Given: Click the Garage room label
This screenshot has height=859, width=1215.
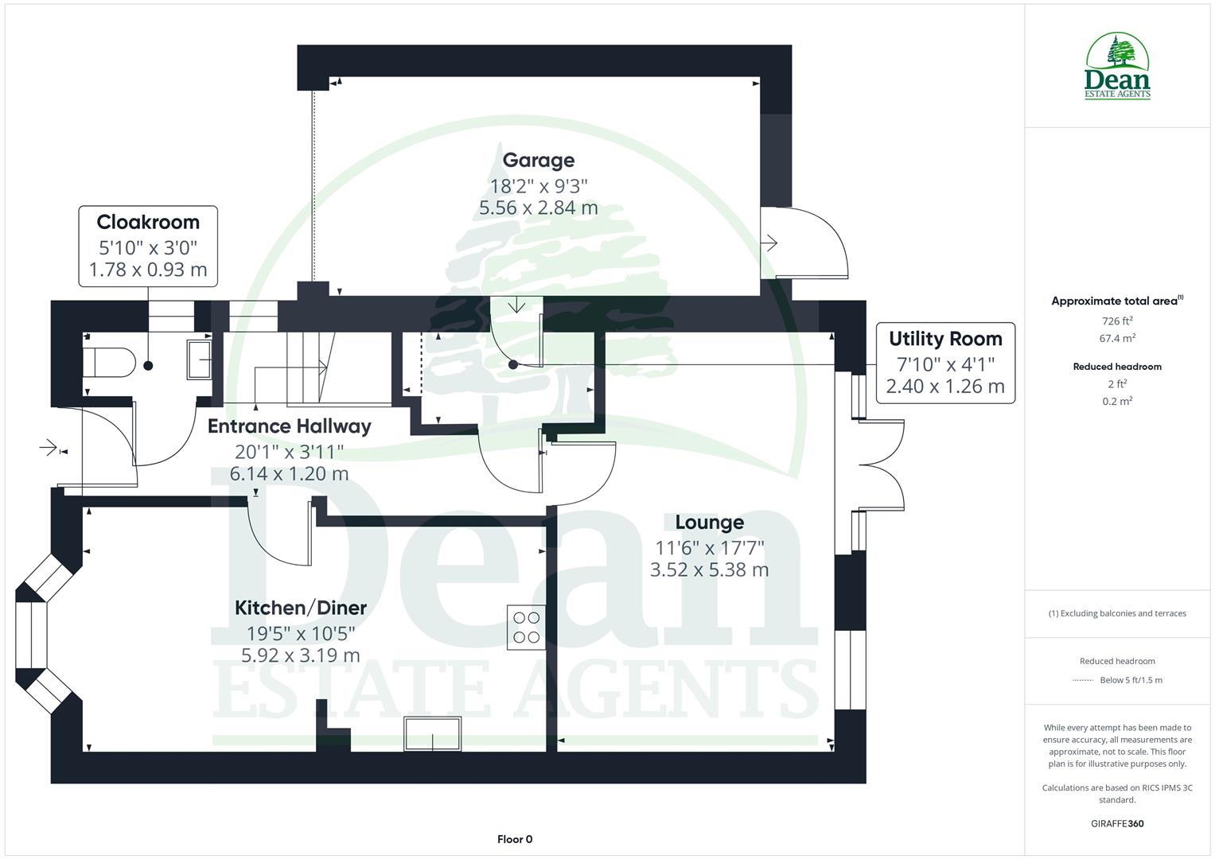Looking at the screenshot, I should [538, 160].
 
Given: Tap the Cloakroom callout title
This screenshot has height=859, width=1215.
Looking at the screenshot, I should [148, 222].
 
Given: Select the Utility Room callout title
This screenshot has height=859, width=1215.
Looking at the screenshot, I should [945, 339].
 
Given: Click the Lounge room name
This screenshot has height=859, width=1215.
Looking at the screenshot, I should [709, 523].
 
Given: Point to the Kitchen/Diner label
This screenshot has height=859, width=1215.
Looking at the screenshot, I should [301, 608].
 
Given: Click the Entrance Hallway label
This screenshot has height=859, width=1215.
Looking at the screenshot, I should [290, 426].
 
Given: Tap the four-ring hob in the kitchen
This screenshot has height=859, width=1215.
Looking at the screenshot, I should [526, 627].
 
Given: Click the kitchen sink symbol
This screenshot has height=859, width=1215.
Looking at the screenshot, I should [432, 733].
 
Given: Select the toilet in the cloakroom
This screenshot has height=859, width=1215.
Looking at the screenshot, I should [110, 363].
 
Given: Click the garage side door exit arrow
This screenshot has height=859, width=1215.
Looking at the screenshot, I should [769, 243].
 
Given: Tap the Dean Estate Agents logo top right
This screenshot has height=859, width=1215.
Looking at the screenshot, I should [1117, 67].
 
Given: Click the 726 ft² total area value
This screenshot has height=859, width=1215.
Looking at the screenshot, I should [1117, 321].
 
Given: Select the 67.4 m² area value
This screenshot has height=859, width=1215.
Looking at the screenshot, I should [1117, 338].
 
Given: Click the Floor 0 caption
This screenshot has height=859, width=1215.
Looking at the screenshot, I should [515, 839].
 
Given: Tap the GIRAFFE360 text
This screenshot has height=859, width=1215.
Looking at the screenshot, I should [1117, 823].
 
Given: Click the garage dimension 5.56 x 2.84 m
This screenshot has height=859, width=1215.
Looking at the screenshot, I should [538, 208].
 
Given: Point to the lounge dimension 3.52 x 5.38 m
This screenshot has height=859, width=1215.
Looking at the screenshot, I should [709, 569].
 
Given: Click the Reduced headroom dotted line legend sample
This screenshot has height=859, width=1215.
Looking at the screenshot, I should [1083, 680].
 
